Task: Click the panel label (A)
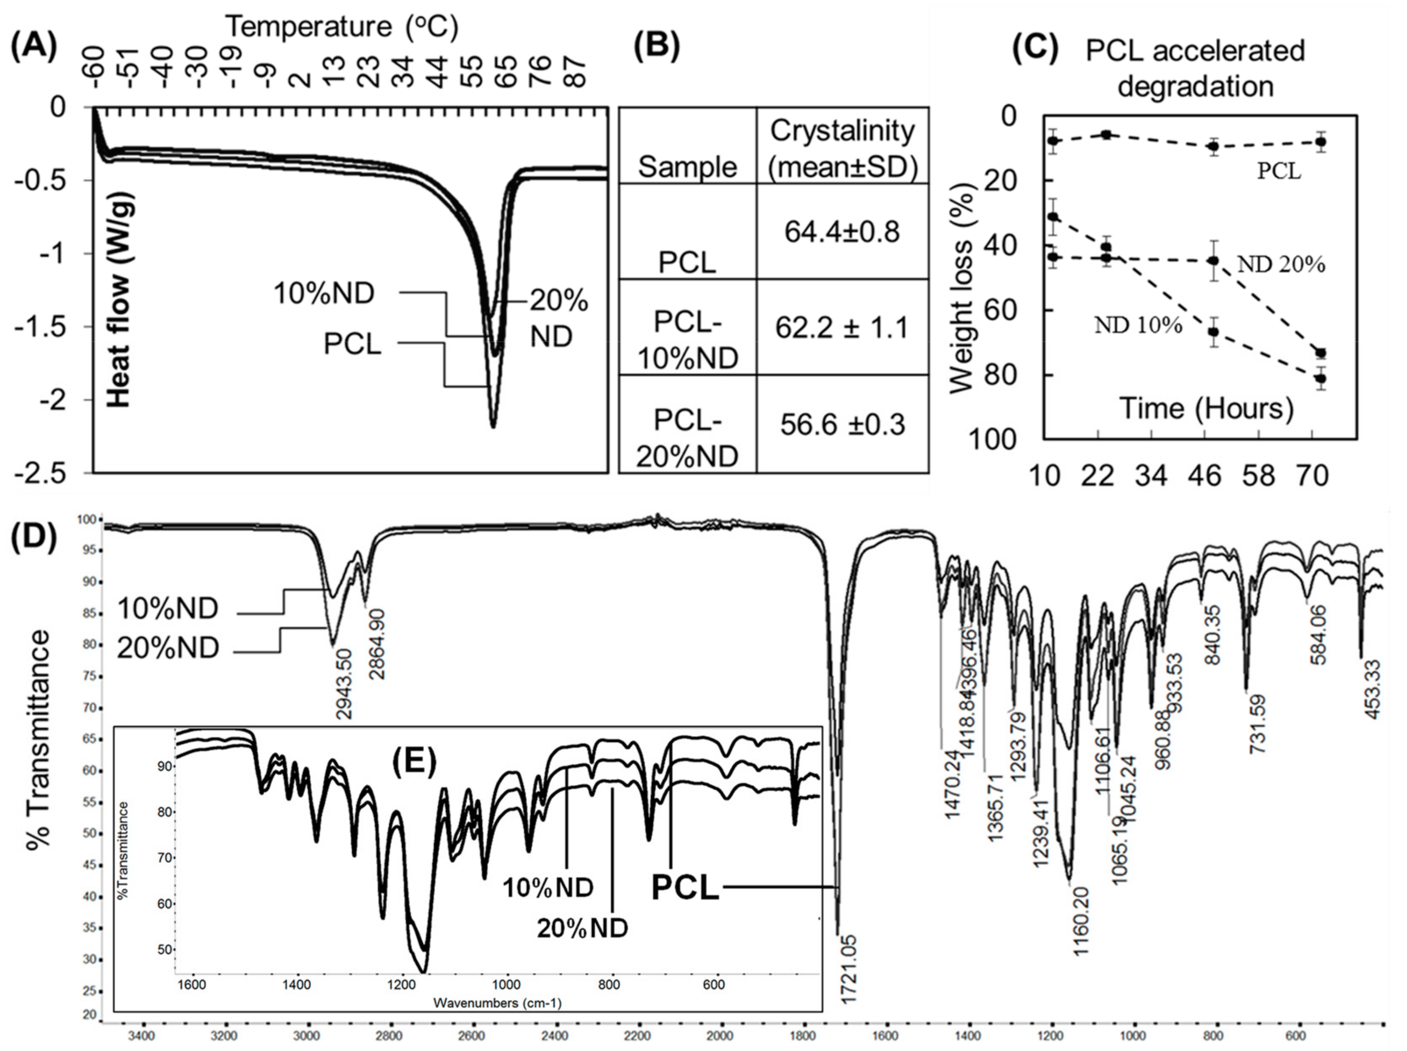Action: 34,48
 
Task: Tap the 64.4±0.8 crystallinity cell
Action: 842,232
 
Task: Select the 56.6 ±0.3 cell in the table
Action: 842,425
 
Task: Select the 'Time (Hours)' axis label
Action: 1206,408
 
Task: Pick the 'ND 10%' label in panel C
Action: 1138,326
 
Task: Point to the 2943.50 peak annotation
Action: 344,684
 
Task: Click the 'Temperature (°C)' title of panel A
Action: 342,27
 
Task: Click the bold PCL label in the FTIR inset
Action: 685,888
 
